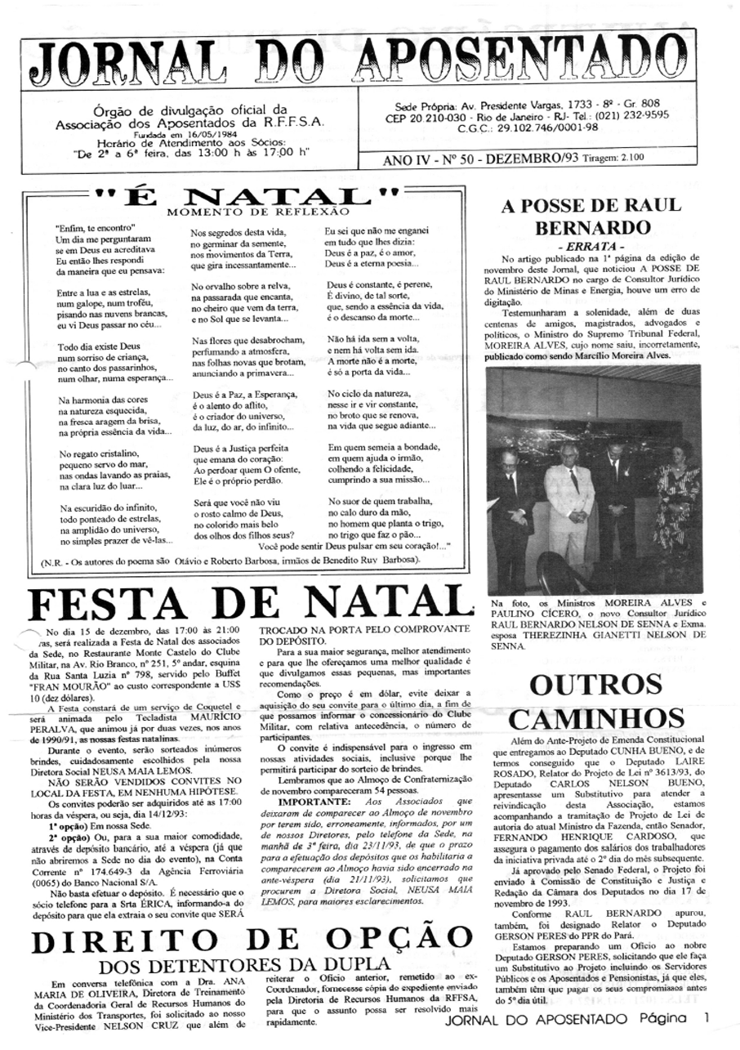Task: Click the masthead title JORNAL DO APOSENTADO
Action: (369, 63)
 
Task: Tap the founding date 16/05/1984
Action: (198, 136)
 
